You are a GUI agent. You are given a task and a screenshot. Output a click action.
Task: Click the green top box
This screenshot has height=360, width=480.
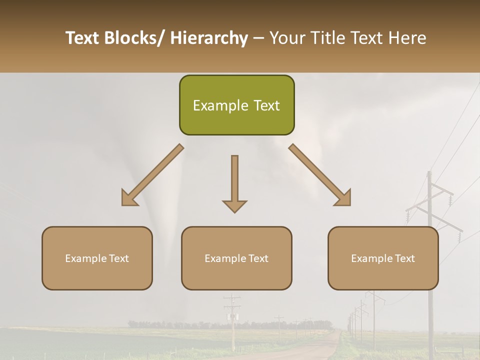tap(236, 105)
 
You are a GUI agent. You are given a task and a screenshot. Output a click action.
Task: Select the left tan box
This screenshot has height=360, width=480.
tap(97, 258)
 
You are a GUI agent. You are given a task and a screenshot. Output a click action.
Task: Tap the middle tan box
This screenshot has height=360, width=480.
tap(236, 258)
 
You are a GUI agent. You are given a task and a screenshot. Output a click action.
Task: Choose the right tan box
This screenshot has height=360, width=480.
tap(383, 258)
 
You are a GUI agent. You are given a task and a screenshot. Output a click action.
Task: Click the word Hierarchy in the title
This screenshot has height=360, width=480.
tap(209, 38)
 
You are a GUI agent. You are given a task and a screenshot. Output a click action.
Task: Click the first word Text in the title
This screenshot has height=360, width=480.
tap(82, 38)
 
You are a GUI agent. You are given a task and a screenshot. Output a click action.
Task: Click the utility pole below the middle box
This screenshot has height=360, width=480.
tap(232, 320)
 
